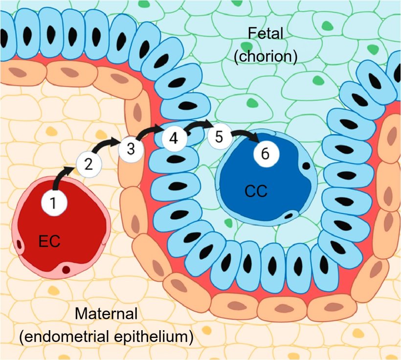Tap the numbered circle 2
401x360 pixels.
tap(89, 164)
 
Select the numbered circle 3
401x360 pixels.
tap(131, 149)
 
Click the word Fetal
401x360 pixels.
tap(266, 34)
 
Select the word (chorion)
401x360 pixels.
tap(266, 56)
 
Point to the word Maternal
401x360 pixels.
tap(107, 314)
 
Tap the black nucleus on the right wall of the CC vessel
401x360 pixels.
tap(306, 166)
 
